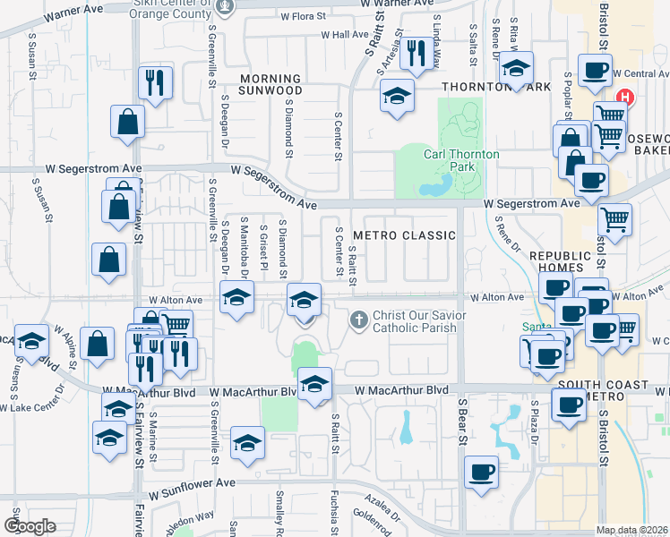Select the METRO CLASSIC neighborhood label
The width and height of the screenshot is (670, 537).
pyautogui.click(x=404, y=235)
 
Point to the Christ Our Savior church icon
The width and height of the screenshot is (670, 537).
pyautogui.click(x=359, y=320)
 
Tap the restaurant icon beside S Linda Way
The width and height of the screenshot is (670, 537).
pyautogui.click(x=414, y=54)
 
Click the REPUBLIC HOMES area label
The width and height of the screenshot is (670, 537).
pyautogui.click(x=561, y=261)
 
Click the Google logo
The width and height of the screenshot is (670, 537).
pyautogui.click(x=30, y=525)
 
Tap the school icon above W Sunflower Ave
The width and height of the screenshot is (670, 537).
pyautogui.click(x=247, y=443)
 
